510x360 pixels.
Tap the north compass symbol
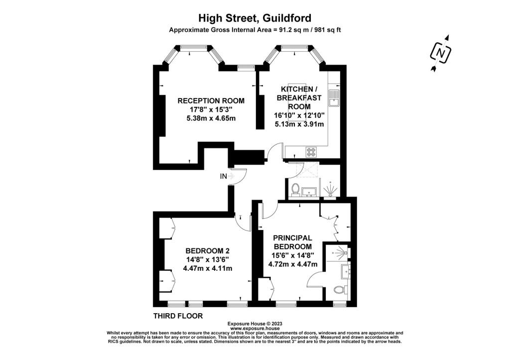point(441,53)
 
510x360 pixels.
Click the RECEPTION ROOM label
point(211,101)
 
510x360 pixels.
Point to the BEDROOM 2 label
point(208,251)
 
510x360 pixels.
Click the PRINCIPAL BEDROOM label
point(292,242)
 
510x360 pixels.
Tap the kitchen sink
point(334,98)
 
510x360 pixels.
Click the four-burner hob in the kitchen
point(311,152)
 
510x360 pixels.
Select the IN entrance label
point(223,177)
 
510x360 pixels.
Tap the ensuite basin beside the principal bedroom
point(345,271)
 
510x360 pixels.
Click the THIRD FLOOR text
point(178,316)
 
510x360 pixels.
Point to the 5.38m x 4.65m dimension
point(211,118)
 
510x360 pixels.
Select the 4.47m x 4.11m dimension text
point(208,268)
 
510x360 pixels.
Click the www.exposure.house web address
point(255,329)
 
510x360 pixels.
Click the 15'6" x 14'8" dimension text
point(293,255)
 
